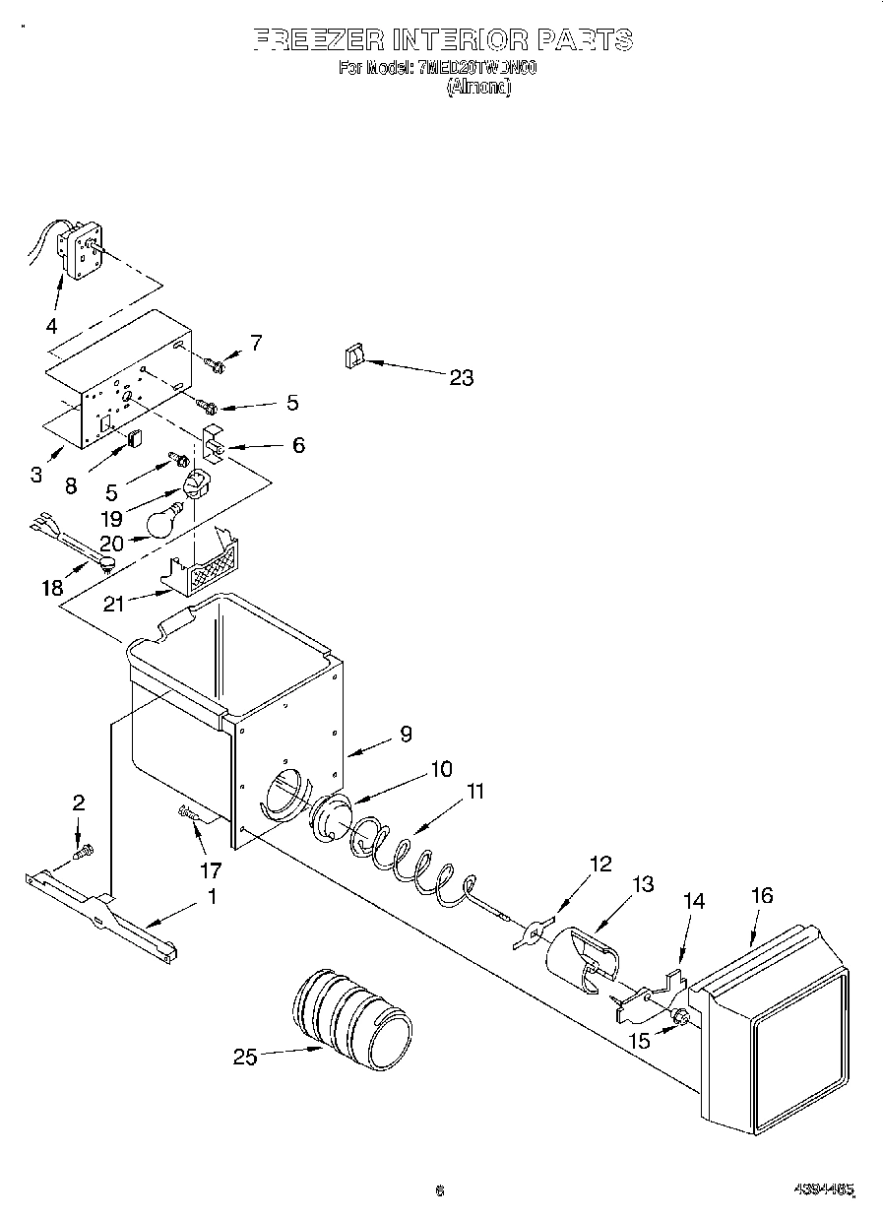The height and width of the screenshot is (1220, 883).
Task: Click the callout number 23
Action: (461, 377)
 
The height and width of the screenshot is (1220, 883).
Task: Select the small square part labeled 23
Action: (354, 357)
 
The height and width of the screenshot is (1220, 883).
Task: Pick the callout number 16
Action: (761, 895)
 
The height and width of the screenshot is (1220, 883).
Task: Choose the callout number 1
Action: (211, 897)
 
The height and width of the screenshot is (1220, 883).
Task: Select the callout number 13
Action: (642, 884)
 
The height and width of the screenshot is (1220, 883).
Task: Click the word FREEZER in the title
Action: (318, 40)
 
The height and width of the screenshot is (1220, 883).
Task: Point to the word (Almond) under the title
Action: (478, 87)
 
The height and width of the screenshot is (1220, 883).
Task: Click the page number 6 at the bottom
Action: (440, 1190)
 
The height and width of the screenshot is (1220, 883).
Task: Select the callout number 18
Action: (51, 588)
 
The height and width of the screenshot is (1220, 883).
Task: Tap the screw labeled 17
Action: (188, 812)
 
